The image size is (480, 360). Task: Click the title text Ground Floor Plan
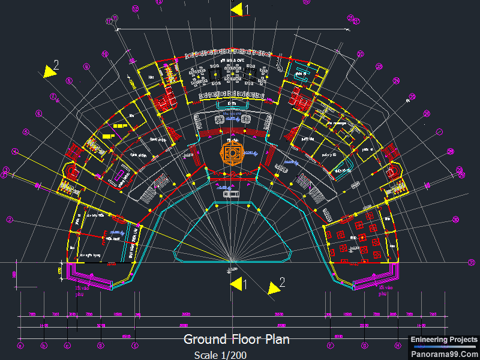(x=236, y=340)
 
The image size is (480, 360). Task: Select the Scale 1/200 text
(x=220, y=355)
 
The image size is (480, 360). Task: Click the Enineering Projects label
(x=444, y=340)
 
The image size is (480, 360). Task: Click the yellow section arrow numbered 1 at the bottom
(x=236, y=283)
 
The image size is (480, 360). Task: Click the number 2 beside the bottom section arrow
(x=282, y=281)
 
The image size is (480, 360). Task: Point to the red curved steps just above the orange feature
(x=231, y=133)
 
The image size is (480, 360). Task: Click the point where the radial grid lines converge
(x=232, y=262)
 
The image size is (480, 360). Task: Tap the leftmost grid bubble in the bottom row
(x=20, y=346)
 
